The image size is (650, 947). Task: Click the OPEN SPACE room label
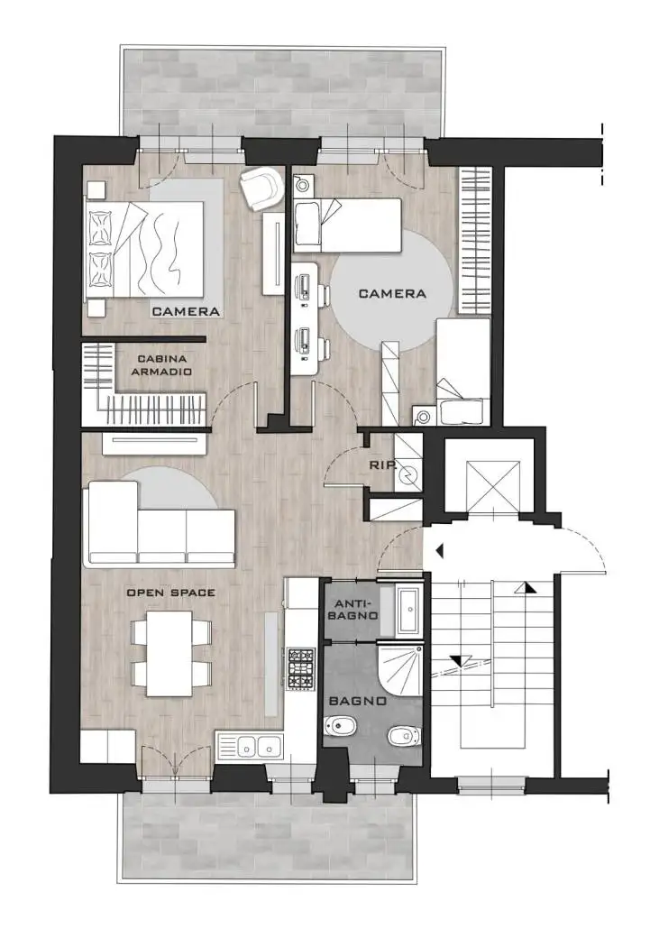(170, 593)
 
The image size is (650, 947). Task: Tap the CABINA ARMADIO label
(161, 365)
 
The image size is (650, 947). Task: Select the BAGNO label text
(358, 701)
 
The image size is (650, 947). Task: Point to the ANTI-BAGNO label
(356, 610)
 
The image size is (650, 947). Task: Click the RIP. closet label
(382, 465)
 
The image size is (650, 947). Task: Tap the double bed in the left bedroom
(145, 250)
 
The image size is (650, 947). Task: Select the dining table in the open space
(170, 654)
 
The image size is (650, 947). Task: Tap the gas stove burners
(301, 668)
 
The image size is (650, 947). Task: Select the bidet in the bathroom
(341, 726)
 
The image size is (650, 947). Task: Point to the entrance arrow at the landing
(439, 550)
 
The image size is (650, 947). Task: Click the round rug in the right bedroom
(392, 296)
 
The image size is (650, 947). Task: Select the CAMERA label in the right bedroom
(392, 293)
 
